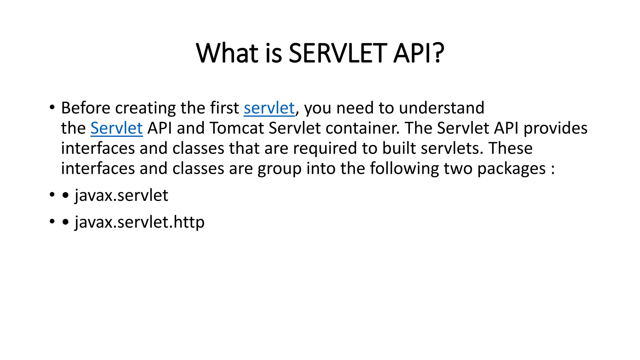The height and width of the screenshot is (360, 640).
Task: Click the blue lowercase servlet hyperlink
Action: click(x=269, y=108)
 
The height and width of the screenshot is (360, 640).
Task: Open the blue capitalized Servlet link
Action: click(x=117, y=128)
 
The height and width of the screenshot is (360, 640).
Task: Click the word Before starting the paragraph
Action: click(x=86, y=108)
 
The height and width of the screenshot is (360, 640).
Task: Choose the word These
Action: click(x=511, y=148)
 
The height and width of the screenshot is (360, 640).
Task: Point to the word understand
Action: click(x=442, y=108)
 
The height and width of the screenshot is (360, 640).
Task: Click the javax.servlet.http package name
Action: click(x=140, y=222)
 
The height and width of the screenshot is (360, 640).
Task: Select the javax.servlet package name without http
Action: click(x=121, y=196)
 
